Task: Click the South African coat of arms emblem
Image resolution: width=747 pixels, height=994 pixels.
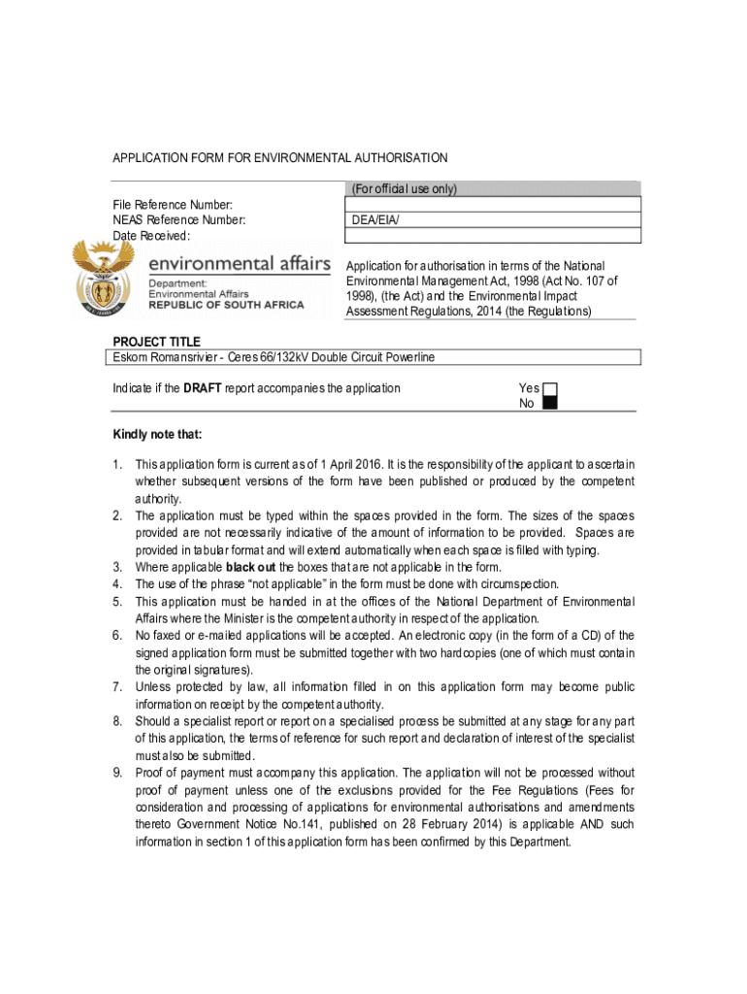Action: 103,278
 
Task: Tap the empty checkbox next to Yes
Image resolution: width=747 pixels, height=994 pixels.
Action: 549,388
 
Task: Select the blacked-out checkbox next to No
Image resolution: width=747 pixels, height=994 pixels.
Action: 549,404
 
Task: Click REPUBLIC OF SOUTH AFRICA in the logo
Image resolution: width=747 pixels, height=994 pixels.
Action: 225,305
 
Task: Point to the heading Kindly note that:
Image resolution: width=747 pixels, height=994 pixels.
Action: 157,434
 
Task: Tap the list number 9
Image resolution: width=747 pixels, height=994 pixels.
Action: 117,773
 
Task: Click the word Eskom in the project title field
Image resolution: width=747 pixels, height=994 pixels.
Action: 131,357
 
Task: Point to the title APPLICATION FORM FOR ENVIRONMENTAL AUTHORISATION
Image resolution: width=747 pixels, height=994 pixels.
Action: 280,157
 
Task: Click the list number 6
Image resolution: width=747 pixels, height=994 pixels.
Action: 117,635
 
